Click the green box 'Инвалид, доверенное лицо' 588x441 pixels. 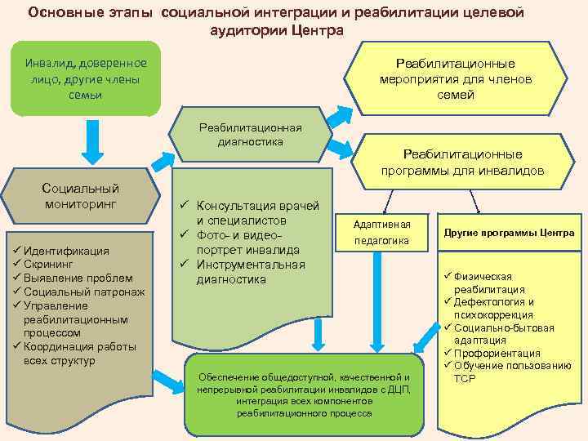(x=86, y=78)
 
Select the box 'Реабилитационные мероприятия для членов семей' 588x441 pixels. (x=455, y=79)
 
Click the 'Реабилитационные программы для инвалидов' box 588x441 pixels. (x=462, y=163)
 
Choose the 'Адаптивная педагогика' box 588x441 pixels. (x=381, y=233)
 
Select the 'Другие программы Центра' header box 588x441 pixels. (x=509, y=233)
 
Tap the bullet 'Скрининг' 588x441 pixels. (x=48, y=265)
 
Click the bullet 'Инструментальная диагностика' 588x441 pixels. (x=250, y=272)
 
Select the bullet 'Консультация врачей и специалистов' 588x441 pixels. (x=252, y=213)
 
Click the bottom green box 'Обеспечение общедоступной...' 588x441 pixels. (x=305, y=394)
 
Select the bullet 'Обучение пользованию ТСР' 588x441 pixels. (x=510, y=372)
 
